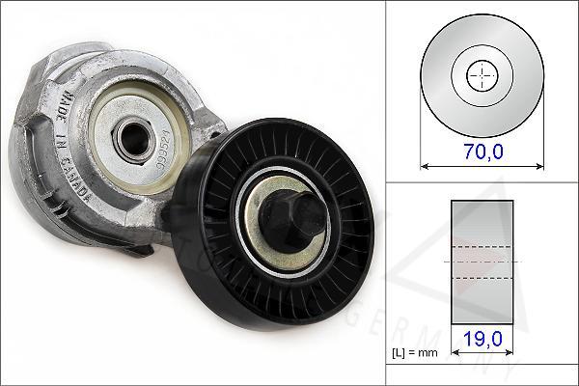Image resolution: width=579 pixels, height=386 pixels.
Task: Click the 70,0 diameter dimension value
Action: click(482, 151)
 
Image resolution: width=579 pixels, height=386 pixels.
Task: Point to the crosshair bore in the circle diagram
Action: click(482, 75)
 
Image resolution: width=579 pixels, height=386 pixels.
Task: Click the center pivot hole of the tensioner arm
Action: click(127, 135)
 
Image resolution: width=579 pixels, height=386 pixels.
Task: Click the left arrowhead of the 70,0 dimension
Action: click(425, 165)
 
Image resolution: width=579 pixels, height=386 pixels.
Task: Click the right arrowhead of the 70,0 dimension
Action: click(539, 165)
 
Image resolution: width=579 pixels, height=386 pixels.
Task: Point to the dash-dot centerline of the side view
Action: click(482, 261)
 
